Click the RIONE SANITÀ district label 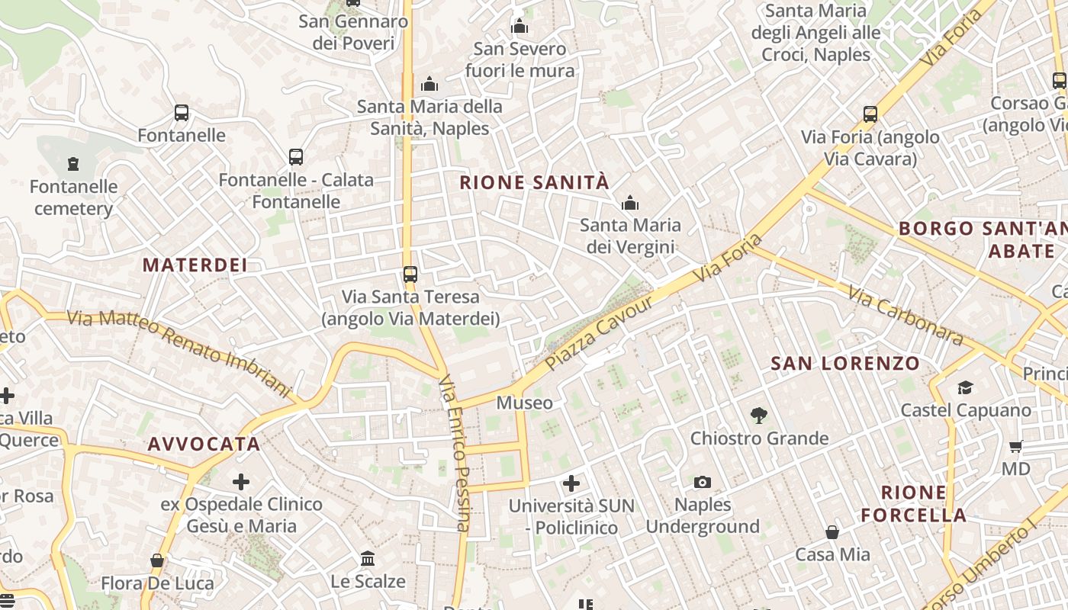[x=535, y=182]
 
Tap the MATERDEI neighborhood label [x=195, y=265]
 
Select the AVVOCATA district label [x=204, y=444]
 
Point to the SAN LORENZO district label [x=845, y=363]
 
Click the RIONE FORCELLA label [x=914, y=503]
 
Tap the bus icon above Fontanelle [x=182, y=113]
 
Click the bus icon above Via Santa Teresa [x=410, y=274]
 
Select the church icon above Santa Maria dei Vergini [x=630, y=203]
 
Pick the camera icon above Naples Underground [x=703, y=482]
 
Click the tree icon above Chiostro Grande [x=759, y=416]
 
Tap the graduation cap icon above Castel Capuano [x=965, y=388]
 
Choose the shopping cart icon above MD [x=1015, y=447]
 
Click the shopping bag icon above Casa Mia [x=832, y=531]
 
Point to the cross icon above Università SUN [x=571, y=483]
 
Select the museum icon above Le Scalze [x=368, y=559]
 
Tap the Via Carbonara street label [x=905, y=314]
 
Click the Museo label [x=525, y=402]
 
